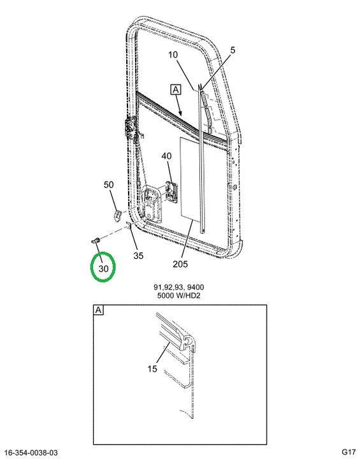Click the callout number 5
(x=233, y=50)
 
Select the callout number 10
(x=173, y=55)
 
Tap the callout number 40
(x=166, y=156)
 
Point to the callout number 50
(x=109, y=185)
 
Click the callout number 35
(x=138, y=256)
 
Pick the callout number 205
(x=180, y=264)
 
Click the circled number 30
(x=103, y=268)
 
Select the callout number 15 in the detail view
(x=152, y=369)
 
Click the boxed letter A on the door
(x=176, y=90)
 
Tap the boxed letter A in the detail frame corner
(x=98, y=310)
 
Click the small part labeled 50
(x=117, y=215)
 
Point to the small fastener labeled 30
(x=96, y=241)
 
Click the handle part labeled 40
(x=172, y=191)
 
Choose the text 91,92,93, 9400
(x=179, y=288)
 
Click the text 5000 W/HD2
(x=179, y=295)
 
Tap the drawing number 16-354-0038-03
(x=32, y=453)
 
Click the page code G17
(x=349, y=453)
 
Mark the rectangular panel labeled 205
(x=190, y=178)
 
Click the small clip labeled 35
(x=129, y=225)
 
